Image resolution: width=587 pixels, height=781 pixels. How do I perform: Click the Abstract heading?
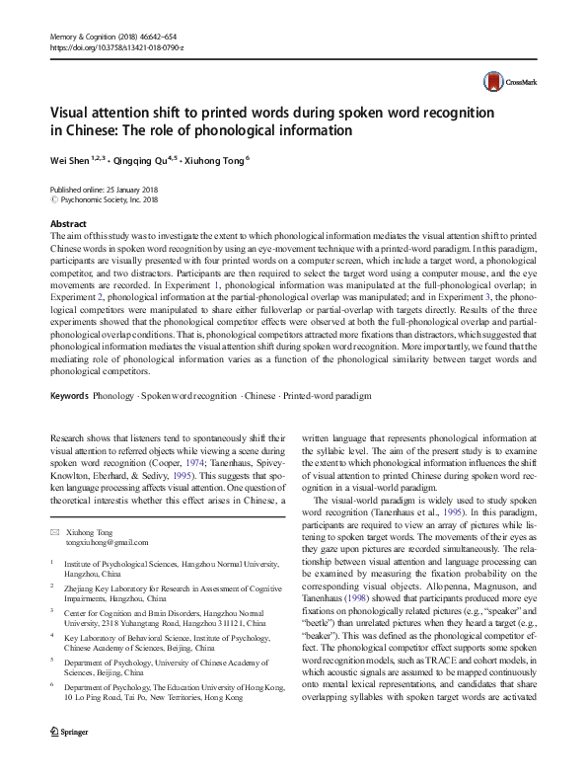[x=67, y=224]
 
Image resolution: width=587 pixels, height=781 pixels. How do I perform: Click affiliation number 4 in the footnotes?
[x=51, y=664]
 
